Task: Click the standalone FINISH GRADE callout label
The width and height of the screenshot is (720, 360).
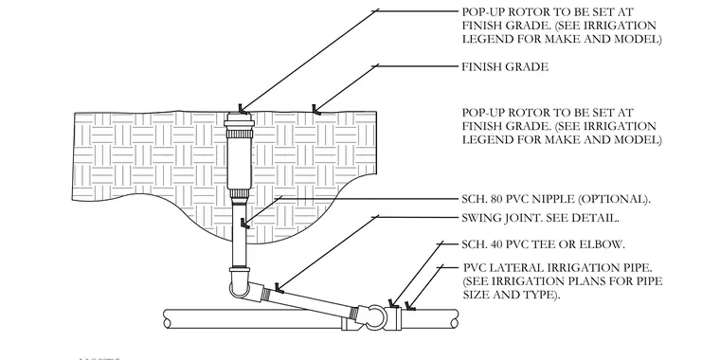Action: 505,67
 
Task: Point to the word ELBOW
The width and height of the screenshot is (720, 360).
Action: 604,244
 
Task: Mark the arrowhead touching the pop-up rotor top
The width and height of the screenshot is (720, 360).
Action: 242,109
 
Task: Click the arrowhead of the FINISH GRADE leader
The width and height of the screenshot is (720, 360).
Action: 315,110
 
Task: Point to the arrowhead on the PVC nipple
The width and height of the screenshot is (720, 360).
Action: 244,224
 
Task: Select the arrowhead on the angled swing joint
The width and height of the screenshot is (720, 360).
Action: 279,288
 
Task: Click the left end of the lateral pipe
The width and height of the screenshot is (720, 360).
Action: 166,318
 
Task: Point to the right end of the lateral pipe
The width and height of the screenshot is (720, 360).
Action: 455,318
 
